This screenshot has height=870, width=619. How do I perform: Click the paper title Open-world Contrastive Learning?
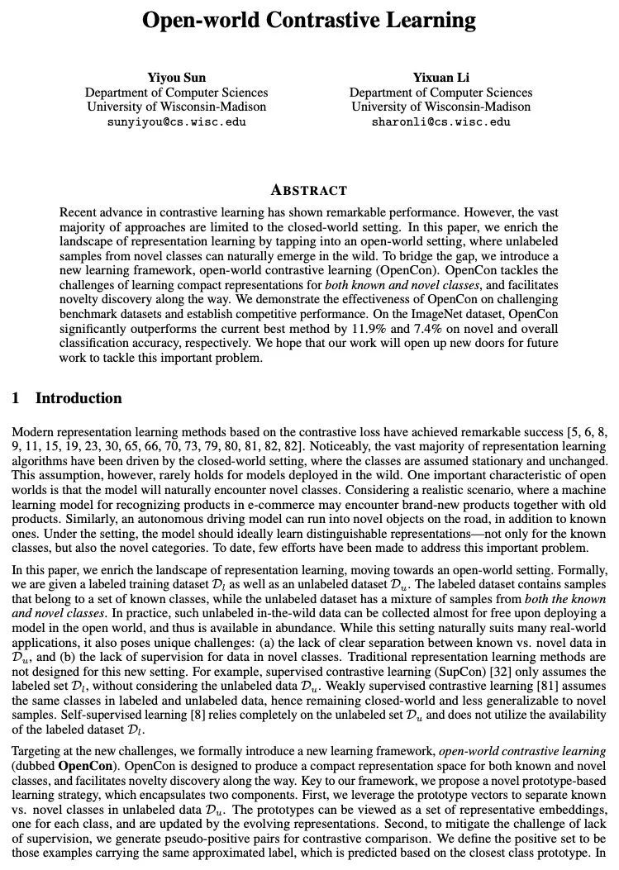tap(309, 20)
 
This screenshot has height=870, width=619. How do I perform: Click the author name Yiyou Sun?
tap(176, 78)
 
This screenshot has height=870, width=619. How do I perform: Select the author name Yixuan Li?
tap(440, 78)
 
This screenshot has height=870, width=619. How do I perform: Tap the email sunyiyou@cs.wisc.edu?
tap(176, 121)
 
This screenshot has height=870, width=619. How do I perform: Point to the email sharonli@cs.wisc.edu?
tap(440, 121)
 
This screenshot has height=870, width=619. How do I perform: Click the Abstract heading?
tap(309, 190)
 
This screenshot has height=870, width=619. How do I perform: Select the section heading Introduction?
tap(79, 398)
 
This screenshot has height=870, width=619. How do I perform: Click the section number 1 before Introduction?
tap(16, 398)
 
